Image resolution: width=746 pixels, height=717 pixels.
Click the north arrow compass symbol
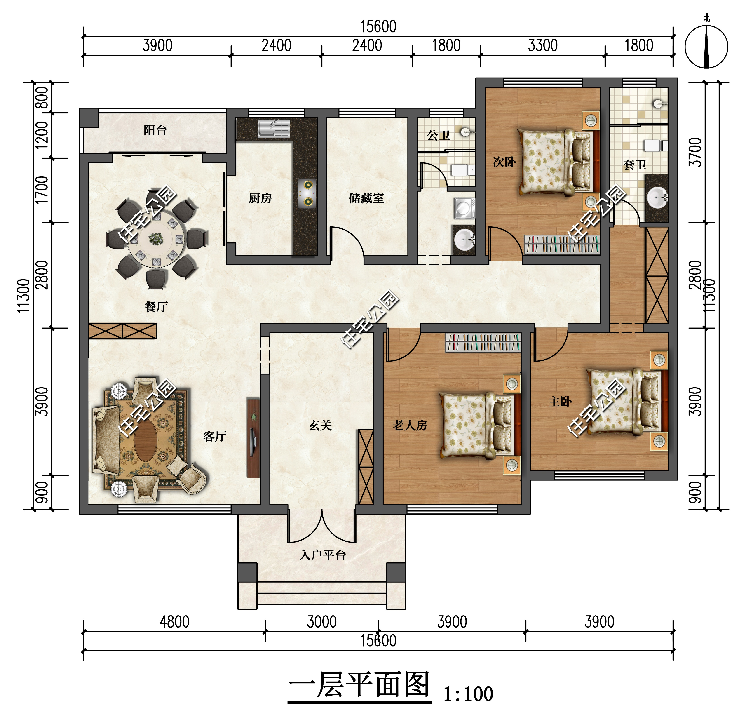[706, 47]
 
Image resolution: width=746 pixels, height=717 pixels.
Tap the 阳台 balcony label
[155, 130]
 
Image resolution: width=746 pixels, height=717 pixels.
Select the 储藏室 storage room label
[366, 198]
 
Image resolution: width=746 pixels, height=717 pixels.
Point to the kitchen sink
[273, 128]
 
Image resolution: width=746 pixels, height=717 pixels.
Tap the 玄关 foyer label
[320, 425]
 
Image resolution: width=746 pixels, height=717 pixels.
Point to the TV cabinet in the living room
[253, 438]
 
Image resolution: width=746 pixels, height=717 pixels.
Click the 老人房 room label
[410, 425]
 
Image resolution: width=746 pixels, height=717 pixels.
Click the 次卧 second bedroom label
[504, 162]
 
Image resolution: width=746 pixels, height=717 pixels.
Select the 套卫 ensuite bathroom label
[634, 165]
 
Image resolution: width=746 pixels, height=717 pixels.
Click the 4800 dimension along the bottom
[174, 622]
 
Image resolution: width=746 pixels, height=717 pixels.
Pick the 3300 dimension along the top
[542, 46]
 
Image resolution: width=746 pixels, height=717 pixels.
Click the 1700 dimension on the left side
[42, 190]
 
